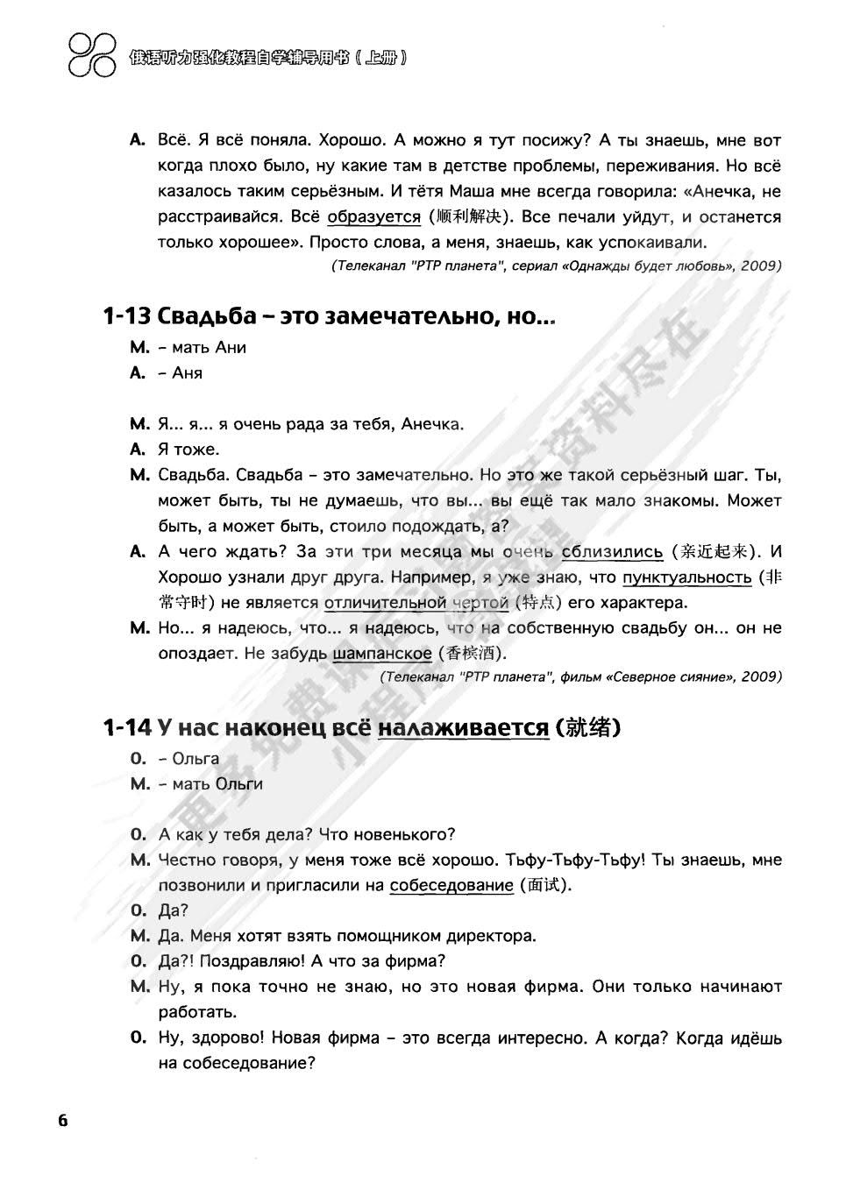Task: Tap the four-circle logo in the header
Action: pyautogui.click(x=91, y=53)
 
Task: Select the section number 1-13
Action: pyautogui.click(x=127, y=316)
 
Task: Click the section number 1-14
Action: pyautogui.click(x=127, y=727)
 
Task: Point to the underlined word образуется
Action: pyautogui.click(x=373, y=216)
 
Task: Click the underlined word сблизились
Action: pyautogui.click(x=612, y=551)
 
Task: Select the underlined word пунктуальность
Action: pyautogui.click(x=686, y=577)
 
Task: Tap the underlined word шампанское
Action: pyautogui.click(x=382, y=654)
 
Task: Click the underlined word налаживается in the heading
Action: pyautogui.click(x=463, y=727)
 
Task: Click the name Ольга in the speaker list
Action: pyautogui.click(x=196, y=759)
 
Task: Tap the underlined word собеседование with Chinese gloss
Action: pyautogui.click(x=451, y=885)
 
